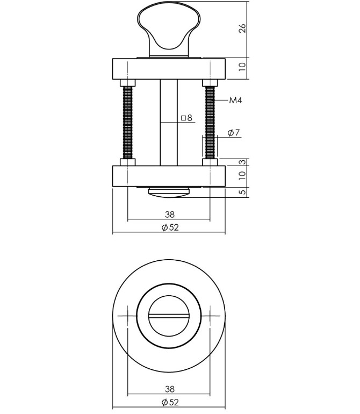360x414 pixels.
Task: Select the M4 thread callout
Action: (235, 101)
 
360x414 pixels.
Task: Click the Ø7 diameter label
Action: (233, 133)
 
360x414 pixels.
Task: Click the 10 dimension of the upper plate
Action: (242, 67)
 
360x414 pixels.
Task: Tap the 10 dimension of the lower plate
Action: (242, 175)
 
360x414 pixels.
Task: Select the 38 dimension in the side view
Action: (169, 215)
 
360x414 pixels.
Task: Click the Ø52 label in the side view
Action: (169, 227)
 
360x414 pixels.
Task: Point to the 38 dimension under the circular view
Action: (169, 389)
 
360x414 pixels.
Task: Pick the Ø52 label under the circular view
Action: (169, 402)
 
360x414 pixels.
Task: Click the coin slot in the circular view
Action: (169, 316)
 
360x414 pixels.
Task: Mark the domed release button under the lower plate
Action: (169, 192)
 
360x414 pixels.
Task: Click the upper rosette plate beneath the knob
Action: (169, 68)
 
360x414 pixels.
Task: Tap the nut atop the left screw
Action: (128, 83)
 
